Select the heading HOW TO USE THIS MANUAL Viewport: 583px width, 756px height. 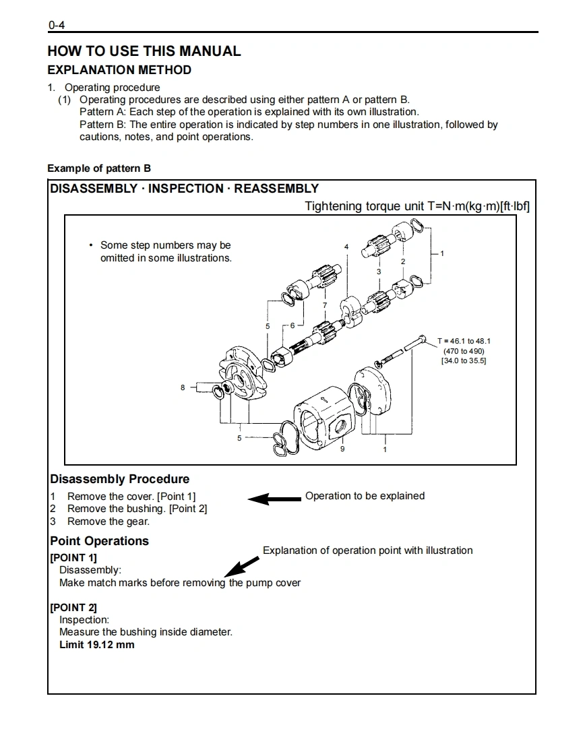coord(144,51)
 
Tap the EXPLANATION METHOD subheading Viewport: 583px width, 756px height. coord(119,70)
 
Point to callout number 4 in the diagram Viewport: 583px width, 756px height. coord(346,247)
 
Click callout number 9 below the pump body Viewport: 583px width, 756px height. coord(342,449)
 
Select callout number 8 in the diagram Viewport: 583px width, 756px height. coord(183,387)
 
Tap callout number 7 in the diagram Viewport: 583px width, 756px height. coord(324,306)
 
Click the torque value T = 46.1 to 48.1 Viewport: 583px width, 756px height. coord(464,341)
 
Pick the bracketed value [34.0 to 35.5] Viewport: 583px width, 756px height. coord(464,361)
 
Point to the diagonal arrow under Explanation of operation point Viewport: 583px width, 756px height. coord(241,565)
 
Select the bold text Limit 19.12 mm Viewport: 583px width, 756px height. coord(97,645)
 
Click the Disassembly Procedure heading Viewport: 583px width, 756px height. coord(120,480)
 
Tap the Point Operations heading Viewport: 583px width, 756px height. coord(99,541)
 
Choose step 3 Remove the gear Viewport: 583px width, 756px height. coord(108,522)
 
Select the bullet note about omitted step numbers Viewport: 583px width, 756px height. coord(165,251)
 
